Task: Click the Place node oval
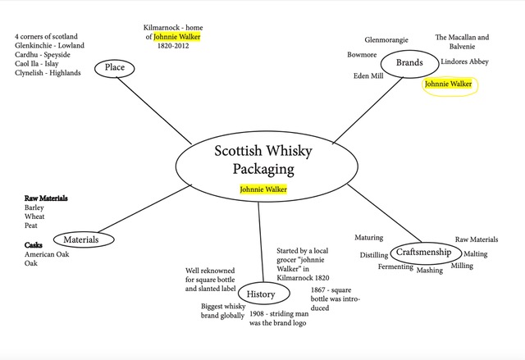(x=114, y=67)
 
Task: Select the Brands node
(x=409, y=63)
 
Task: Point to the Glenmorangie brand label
(x=389, y=39)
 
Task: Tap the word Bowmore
(x=362, y=55)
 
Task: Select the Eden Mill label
(x=368, y=75)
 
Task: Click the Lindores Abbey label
(x=464, y=62)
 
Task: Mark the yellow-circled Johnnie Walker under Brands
(x=448, y=84)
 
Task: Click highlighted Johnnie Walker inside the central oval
(x=263, y=189)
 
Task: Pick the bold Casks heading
(x=34, y=245)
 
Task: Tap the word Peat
(x=32, y=226)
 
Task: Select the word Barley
(x=34, y=207)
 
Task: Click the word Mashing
(x=429, y=270)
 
